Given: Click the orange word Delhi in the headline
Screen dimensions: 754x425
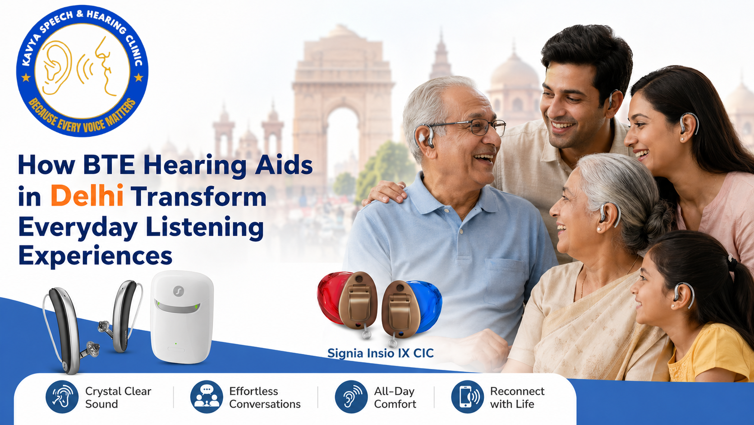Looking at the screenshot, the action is [x=87, y=196].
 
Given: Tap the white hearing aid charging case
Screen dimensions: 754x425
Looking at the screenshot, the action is [x=182, y=317].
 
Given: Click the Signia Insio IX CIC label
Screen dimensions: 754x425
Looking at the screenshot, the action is [x=380, y=353].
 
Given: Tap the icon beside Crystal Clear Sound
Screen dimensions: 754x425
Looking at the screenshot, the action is [x=62, y=397].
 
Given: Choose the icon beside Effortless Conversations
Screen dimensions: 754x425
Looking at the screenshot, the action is [x=207, y=397].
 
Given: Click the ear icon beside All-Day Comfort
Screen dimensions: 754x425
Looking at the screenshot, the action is [x=351, y=397].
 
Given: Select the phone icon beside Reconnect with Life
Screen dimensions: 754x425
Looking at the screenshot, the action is [x=468, y=397].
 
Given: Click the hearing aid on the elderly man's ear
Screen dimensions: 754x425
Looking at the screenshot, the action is [x=425, y=136].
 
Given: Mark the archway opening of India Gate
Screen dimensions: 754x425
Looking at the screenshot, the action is [x=343, y=141].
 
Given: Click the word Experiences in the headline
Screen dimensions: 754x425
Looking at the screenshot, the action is [x=95, y=256].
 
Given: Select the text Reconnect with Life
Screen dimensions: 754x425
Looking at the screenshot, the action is [x=517, y=397].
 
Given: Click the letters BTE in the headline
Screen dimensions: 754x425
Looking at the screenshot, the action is [x=109, y=165].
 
